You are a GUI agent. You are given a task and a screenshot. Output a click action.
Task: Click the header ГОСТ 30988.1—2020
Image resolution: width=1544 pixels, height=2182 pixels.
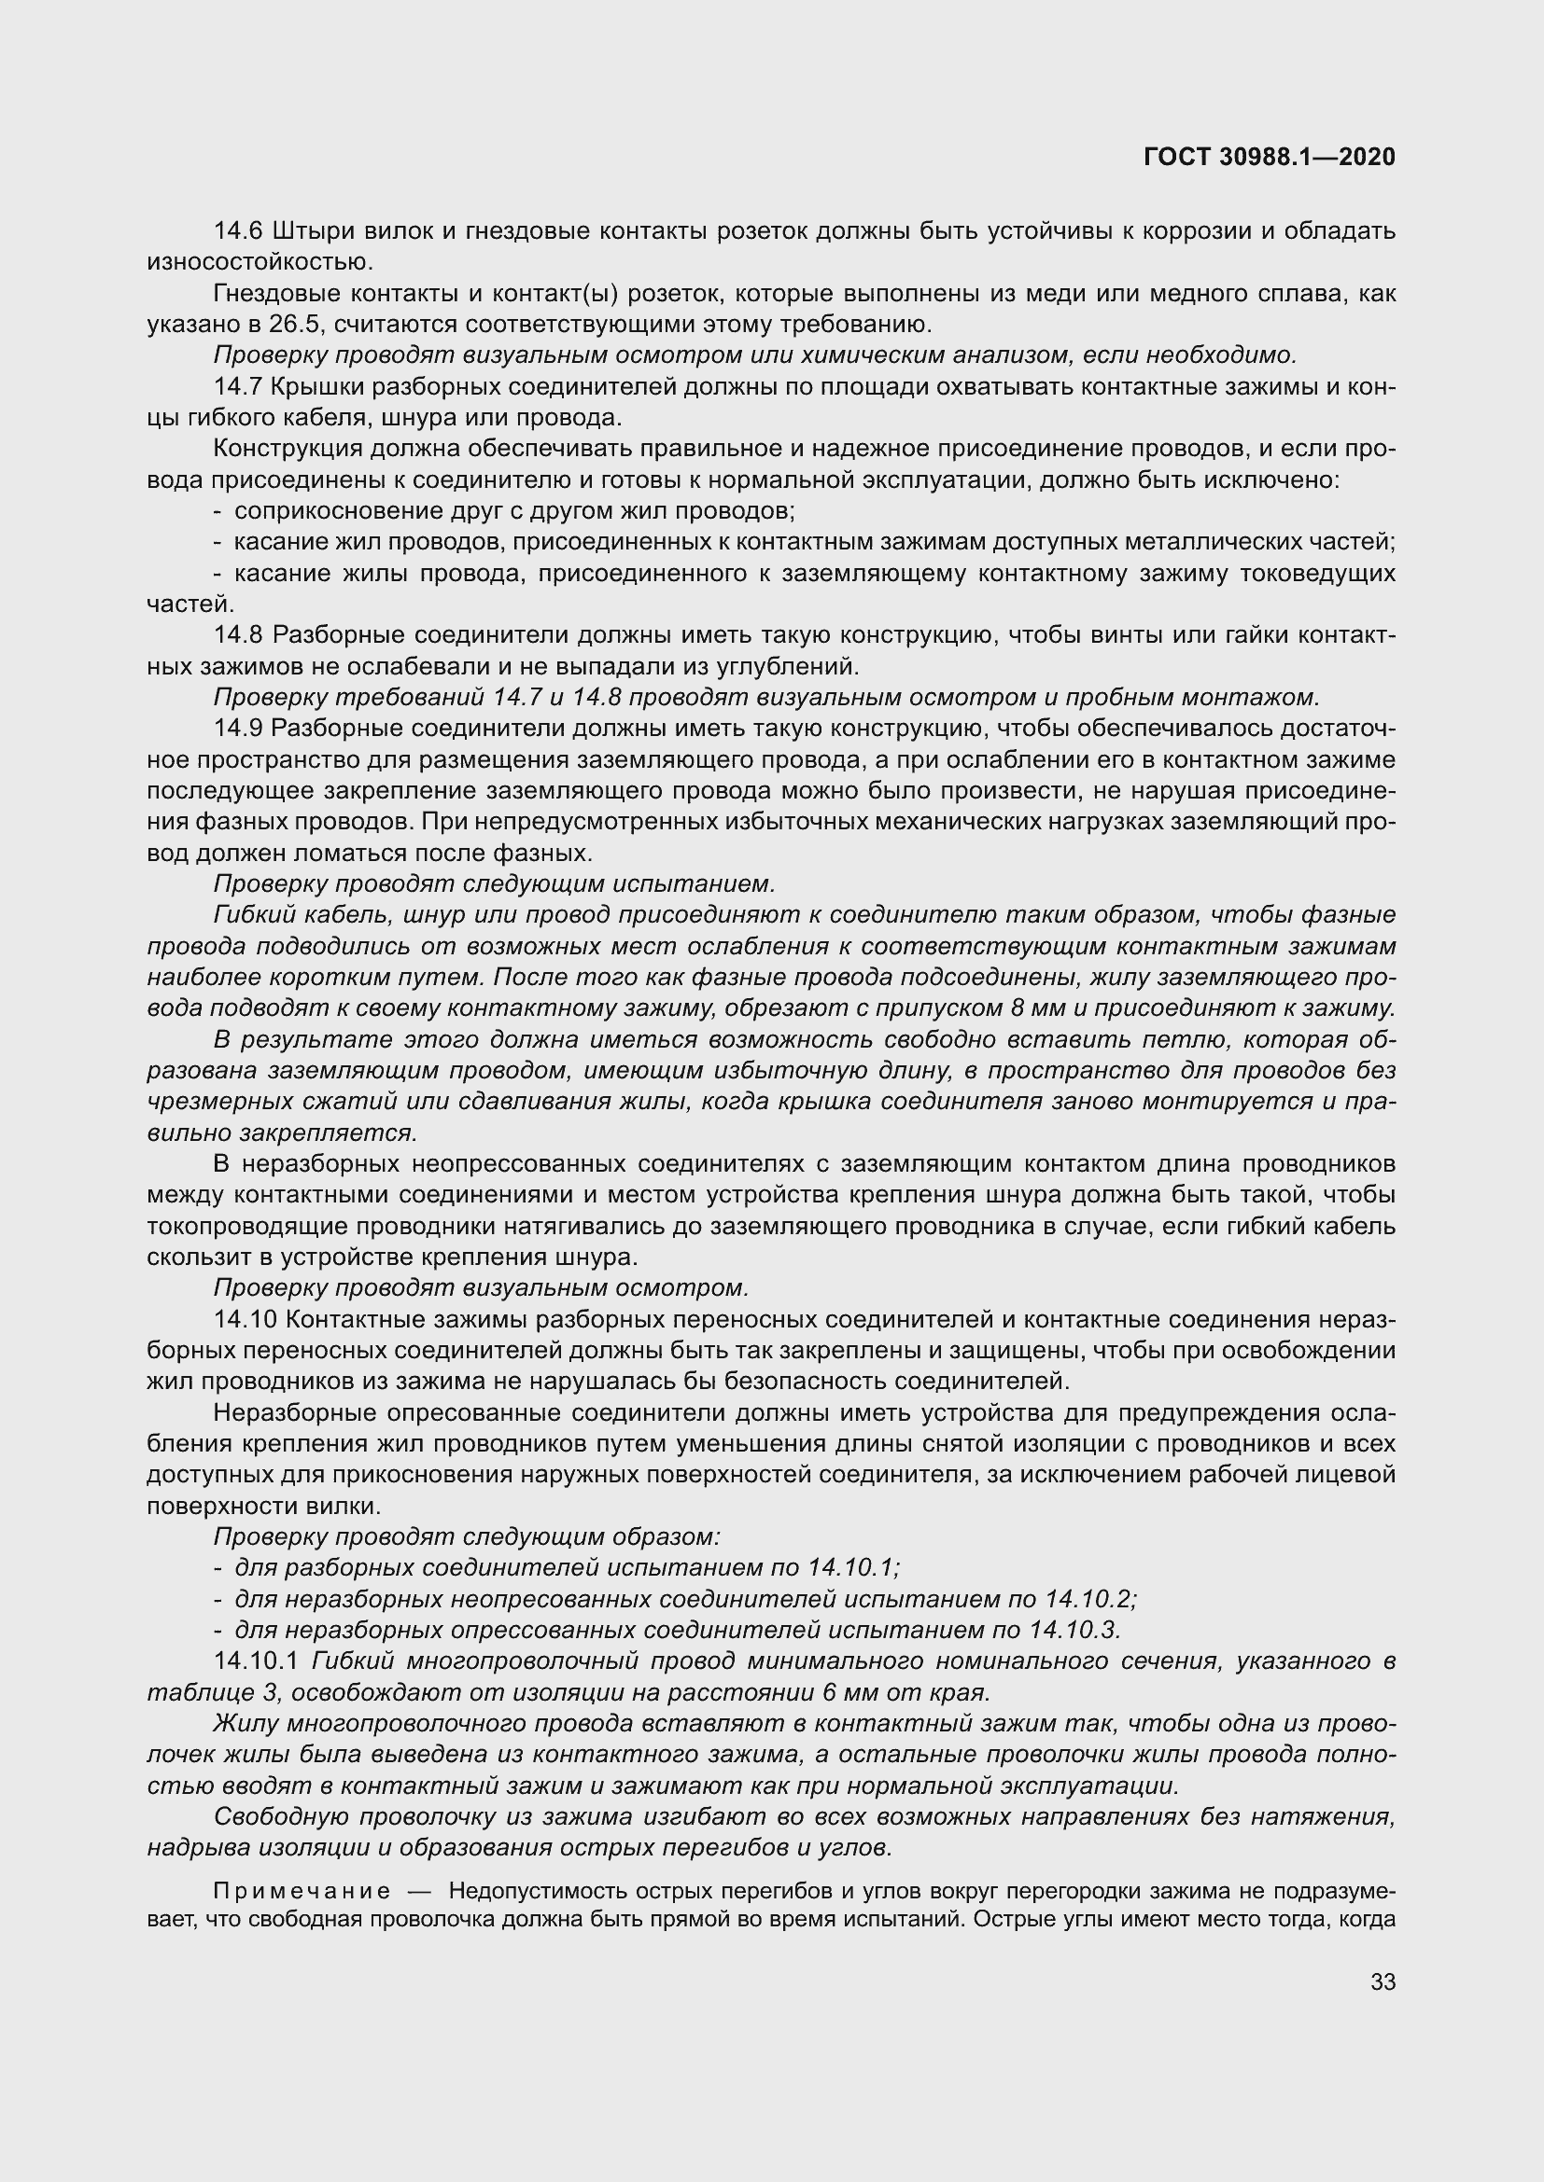coord(1270,157)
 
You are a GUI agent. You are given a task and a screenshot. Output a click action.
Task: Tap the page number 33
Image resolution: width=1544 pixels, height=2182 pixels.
coord(1383,1981)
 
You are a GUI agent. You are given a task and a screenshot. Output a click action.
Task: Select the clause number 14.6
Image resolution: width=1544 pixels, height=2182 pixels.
coord(240,231)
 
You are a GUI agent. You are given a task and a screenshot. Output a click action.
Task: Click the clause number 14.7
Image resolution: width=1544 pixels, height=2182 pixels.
coord(240,387)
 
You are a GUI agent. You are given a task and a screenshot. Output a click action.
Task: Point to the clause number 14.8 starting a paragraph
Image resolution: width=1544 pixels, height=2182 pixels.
coord(240,635)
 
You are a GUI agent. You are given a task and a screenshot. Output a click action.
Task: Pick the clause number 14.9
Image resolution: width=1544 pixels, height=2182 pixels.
coord(240,729)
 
